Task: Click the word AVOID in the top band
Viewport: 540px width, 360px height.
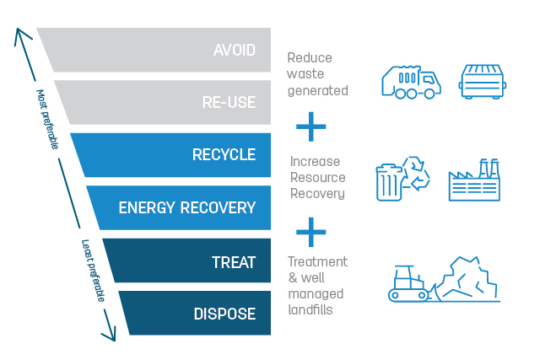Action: click(x=235, y=51)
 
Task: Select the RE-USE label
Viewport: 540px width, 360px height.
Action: click(x=229, y=102)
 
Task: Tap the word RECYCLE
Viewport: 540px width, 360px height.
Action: click(x=224, y=154)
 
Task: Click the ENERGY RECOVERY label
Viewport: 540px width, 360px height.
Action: click(x=187, y=207)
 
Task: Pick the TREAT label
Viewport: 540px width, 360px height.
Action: click(x=234, y=262)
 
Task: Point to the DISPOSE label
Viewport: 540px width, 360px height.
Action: click(x=225, y=314)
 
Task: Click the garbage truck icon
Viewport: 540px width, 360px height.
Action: click(x=411, y=83)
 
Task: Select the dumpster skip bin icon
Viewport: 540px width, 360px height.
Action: click(x=483, y=82)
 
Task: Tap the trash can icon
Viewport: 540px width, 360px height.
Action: click(x=389, y=182)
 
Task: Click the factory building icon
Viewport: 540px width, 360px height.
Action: click(x=474, y=180)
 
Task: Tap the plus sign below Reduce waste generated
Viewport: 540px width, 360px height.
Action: click(x=311, y=126)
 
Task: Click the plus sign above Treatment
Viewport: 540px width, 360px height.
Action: click(x=311, y=232)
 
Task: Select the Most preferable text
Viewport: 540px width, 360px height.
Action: click(x=47, y=120)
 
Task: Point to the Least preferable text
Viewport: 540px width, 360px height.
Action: click(x=93, y=271)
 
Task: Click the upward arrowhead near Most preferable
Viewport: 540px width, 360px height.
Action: click(x=20, y=34)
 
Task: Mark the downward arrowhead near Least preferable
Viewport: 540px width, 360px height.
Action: click(x=111, y=335)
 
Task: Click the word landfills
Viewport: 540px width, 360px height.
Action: click(x=310, y=309)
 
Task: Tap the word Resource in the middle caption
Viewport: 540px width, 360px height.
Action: click(x=318, y=178)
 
